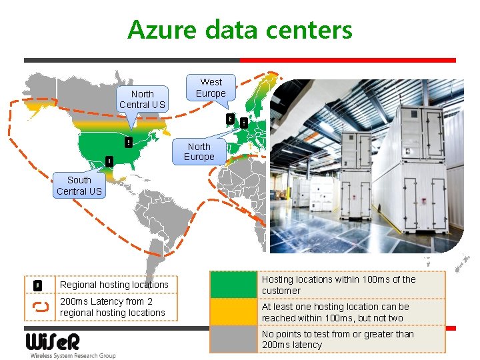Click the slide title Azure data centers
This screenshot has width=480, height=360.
pos(240,29)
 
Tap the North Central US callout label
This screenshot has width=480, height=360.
pos(142,99)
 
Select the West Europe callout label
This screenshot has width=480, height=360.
pos(211,87)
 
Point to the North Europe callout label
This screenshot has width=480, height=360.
pos(199,151)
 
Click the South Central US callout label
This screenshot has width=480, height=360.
pos(79,185)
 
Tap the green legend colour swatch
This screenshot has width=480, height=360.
pos(233,285)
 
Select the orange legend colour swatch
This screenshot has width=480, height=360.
pos(233,312)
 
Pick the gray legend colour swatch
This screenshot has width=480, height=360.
pos(233,339)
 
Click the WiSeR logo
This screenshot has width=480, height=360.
pos(53,342)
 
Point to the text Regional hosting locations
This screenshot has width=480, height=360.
pos(114,285)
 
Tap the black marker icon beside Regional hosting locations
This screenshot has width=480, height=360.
pos(38,285)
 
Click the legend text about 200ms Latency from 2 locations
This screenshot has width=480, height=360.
pos(113,307)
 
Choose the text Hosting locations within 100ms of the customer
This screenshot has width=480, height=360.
pos(339,285)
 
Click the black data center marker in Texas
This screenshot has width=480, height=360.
pos(109,161)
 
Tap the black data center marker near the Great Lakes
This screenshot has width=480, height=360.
pos(127,141)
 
